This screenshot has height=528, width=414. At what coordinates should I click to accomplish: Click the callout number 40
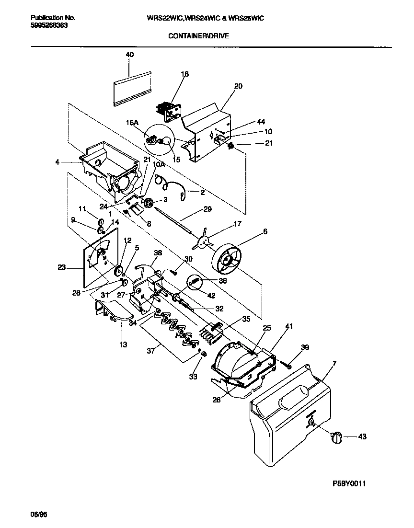coord(130,55)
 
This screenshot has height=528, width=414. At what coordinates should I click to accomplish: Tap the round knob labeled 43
coord(337,436)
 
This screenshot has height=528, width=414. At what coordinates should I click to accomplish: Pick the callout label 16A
coord(132,123)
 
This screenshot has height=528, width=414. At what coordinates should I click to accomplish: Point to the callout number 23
coord(62,267)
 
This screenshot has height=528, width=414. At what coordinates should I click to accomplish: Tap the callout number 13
coord(124,344)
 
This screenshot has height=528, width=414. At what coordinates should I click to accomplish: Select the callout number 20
coord(238,87)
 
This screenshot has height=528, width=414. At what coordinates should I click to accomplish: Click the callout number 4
coord(57,162)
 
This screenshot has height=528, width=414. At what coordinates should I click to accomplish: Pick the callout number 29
coord(207,209)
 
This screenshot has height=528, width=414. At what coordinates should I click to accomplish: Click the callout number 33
coord(193,377)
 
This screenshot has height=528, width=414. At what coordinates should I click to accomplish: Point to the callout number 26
coord(217,400)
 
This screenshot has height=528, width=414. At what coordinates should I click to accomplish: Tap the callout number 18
coord(185,74)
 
